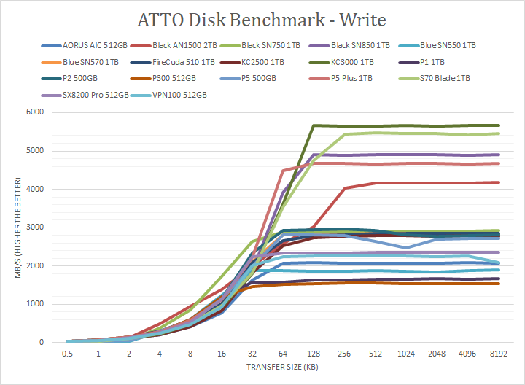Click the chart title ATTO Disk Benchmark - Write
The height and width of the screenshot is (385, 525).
click(x=262, y=17)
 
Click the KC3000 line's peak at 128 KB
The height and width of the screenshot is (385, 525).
click(x=313, y=125)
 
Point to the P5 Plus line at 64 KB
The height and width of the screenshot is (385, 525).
click(x=282, y=171)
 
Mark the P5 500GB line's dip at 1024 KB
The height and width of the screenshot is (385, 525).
click(x=406, y=248)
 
